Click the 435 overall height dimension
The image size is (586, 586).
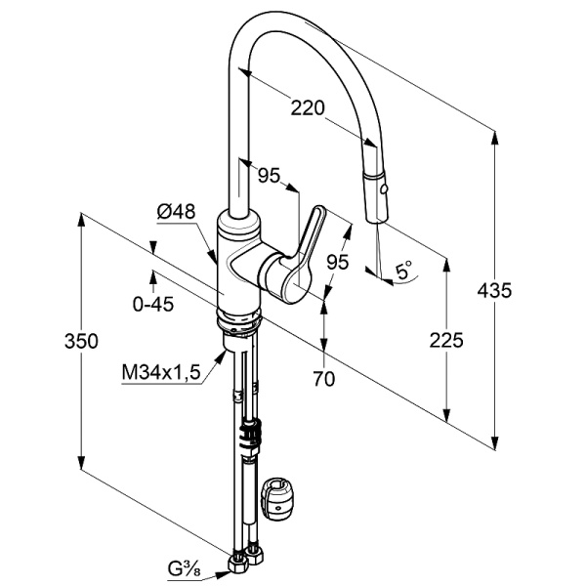(x=494, y=290)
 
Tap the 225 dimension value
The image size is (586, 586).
(x=446, y=340)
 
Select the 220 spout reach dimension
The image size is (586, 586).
(x=308, y=108)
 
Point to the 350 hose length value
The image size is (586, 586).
(x=81, y=341)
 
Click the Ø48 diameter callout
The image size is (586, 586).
(x=176, y=212)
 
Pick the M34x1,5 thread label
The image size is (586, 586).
(x=161, y=372)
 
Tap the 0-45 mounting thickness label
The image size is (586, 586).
(x=153, y=305)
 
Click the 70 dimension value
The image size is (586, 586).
(x=324, y=379)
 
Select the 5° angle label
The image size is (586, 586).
(x=403, y=271)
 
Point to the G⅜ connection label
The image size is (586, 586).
(x=185, y=570)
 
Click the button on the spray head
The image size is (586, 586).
(x=382, y=189)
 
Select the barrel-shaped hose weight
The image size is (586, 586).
(x=277, y=498)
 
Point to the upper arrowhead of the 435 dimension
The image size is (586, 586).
(x=494, y=138)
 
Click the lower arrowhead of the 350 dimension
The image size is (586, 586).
(x=81, y=462)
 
